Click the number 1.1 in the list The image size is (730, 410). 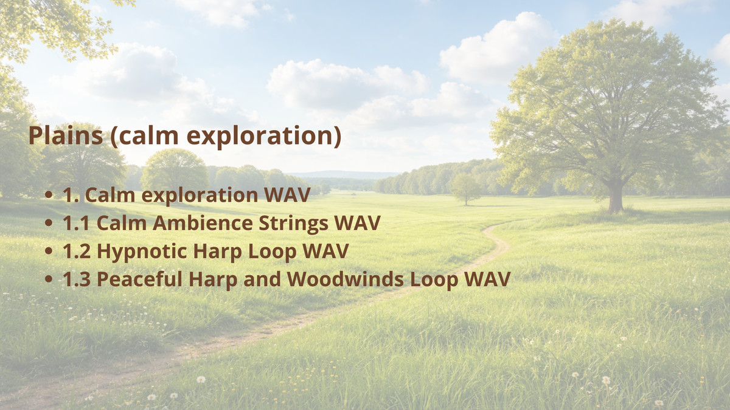pyautogui.click(x=77, y=224)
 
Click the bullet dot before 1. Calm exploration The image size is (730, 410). pyautogui.click(x=49, y=196)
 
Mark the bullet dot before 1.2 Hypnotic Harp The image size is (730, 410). pyautogui.click(x=49, y=252)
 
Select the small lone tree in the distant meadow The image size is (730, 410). pyautogui.click(x=465, y=189)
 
